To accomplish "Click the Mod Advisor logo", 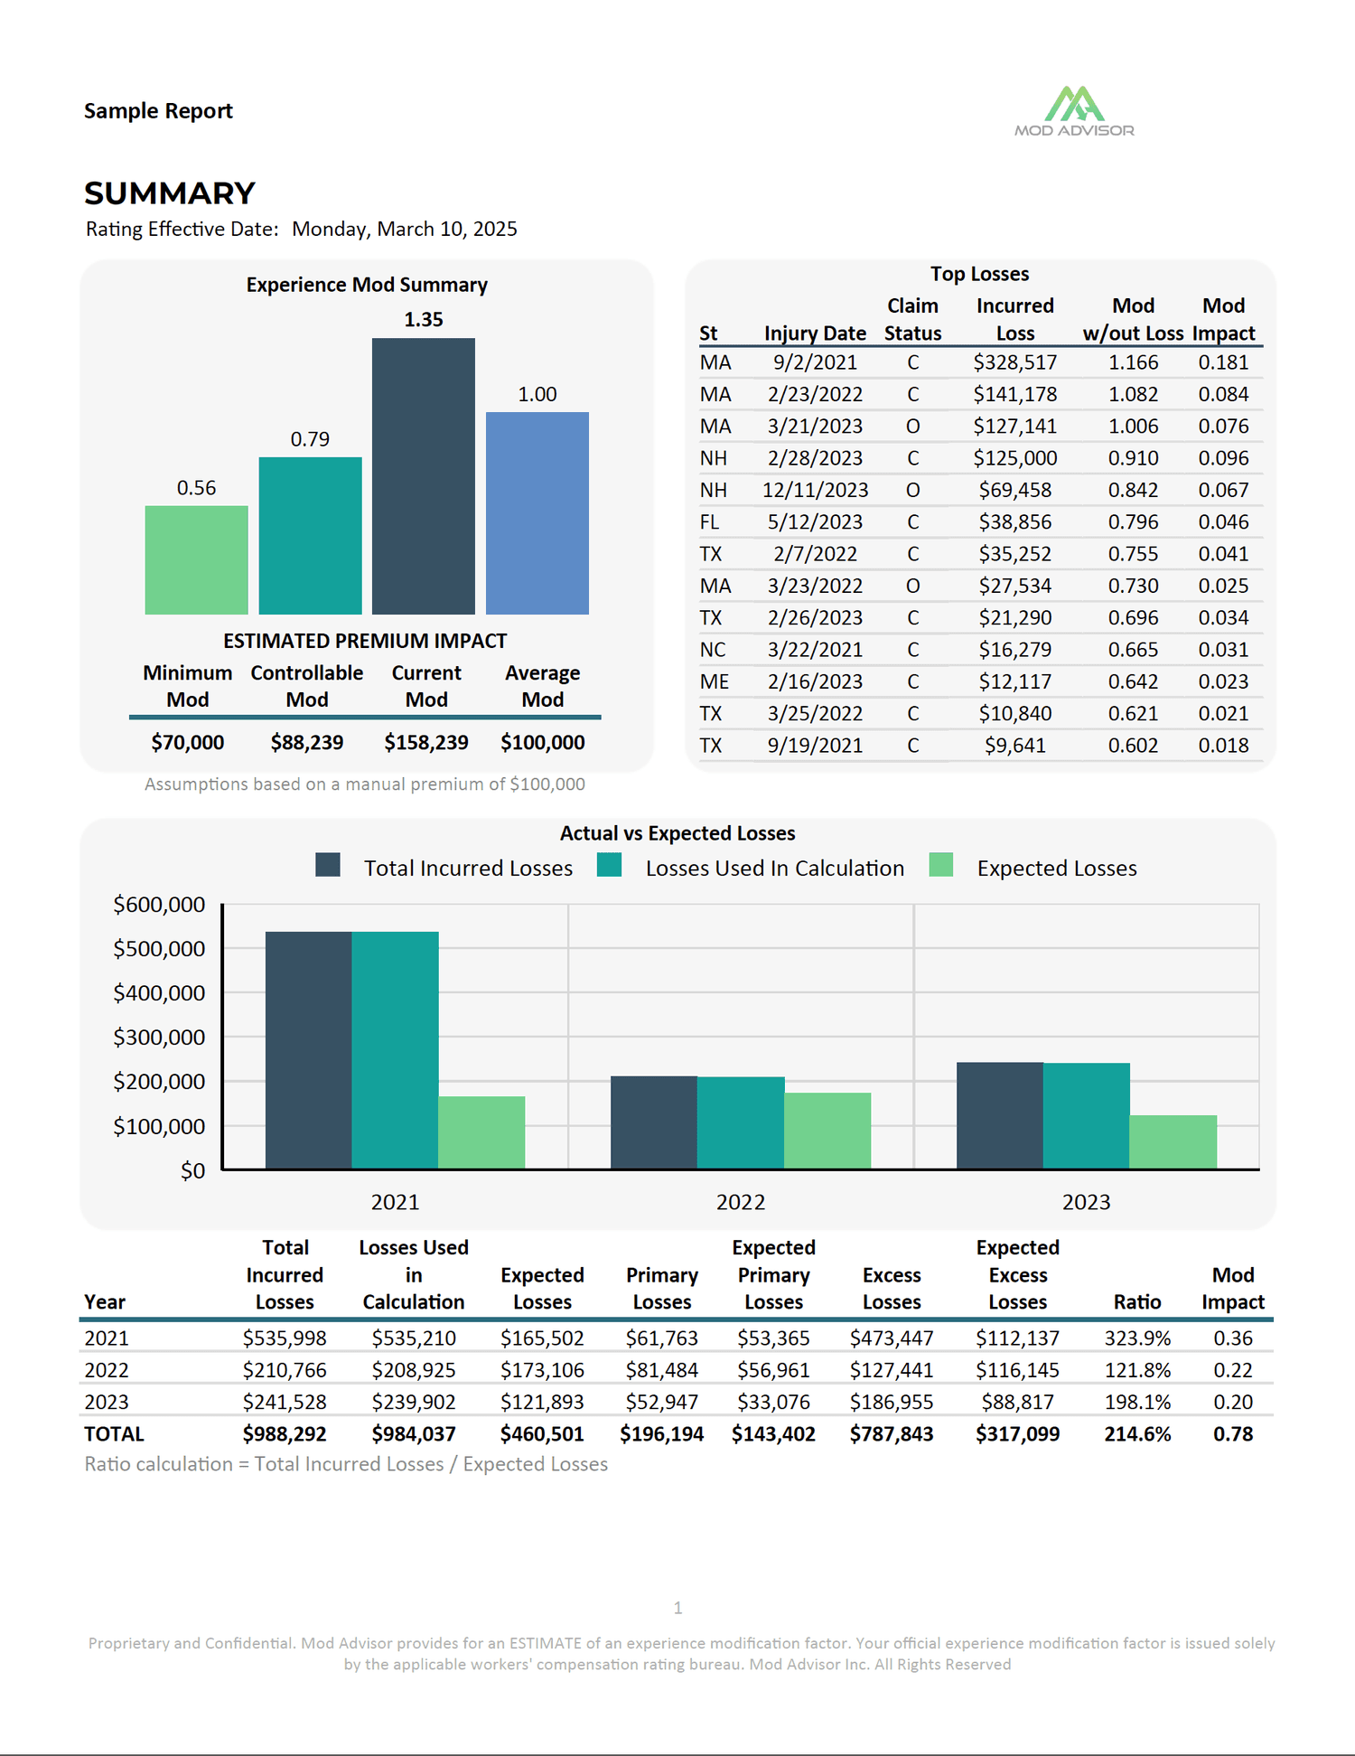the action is coord(1074,111).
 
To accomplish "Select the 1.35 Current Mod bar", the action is coord(424,476).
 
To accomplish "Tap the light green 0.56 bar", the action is coord(196,560).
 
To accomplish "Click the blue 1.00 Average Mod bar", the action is coord(537,513).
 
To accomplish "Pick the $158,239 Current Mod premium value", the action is coord(426,742).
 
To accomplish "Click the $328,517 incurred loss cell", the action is coord(1014,362).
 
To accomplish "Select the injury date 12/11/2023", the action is coord(815,490).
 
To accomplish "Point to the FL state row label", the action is coord(710,521).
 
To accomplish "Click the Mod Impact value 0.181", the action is coord(1223,362).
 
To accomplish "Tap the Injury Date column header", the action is coord(815,333).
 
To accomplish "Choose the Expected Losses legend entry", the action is coord(1033,868).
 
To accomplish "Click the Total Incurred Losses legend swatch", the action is coord(328,865).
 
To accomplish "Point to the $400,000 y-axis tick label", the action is coord(159,993).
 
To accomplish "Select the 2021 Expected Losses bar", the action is coord(481,1132).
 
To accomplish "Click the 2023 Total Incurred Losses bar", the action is coord(1000,1115).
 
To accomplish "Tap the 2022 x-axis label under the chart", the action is coord(741,1202).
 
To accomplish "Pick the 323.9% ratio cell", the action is coord(1137,1338).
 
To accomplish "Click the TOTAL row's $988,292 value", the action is coord(285,1434).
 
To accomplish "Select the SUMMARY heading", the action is coord(170,193).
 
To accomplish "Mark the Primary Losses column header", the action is coord(662,1288).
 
